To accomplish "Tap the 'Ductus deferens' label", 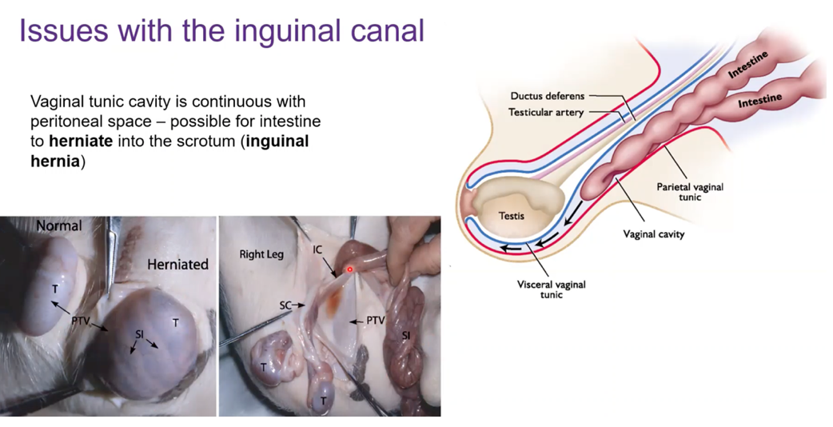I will [x=548, y=96].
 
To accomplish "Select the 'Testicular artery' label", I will [x=546, y=113].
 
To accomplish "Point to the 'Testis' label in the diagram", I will [x=512, y=216].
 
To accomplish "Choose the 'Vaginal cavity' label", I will [x=654, y=234].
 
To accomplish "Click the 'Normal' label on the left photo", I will [x=58, y=226].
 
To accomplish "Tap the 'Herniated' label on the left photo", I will [x=177, y=264].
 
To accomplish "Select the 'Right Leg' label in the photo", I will [x=262, y=255].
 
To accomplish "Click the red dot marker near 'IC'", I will [x=349, y=269].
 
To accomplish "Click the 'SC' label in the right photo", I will [x=285, y=305].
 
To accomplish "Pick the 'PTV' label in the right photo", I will [x=374, y=321].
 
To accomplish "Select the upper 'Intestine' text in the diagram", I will [x=747, y=65].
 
